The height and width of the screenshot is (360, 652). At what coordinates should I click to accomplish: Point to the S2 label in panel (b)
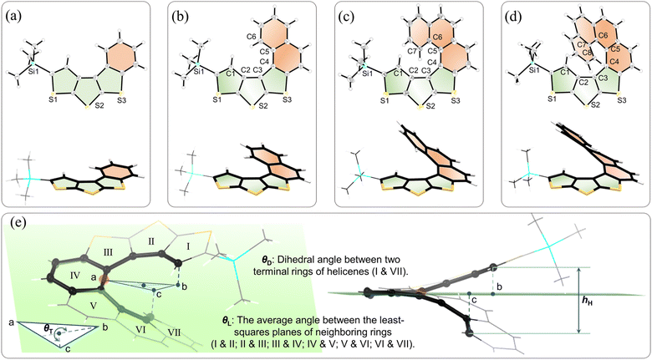tap(262, 106)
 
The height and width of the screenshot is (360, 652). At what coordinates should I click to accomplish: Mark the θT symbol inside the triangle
tap(48, 329)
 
